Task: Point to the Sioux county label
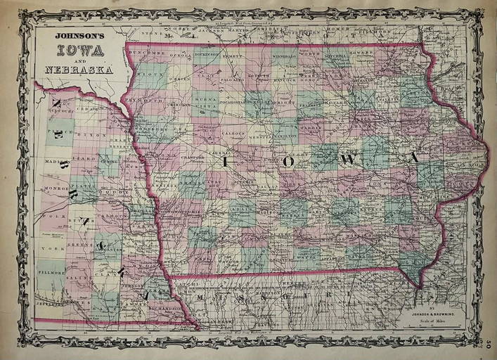point(148,72)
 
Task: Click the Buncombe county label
point(148,53)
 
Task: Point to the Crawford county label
point(181,156)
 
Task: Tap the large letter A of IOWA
point(415,157)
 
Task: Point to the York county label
point(49,248)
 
